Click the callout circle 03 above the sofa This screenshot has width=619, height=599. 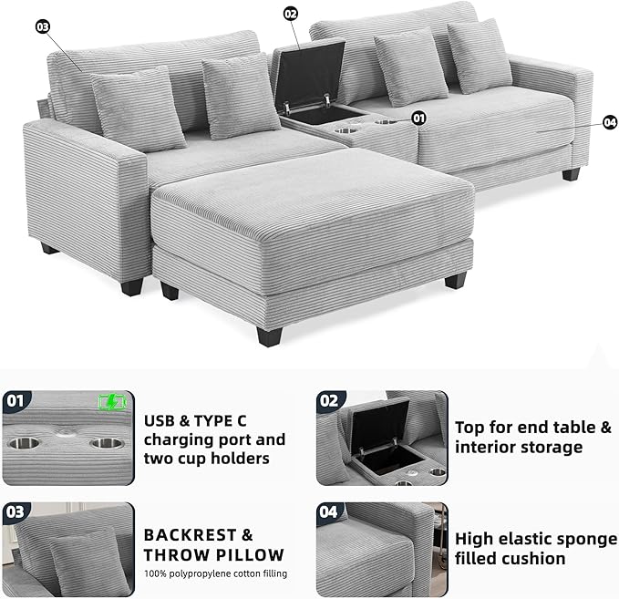click(43, 26)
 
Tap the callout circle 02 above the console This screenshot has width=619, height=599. click(291, 15)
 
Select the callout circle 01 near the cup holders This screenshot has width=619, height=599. click(418, 118)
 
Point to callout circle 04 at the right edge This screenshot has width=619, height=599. click(610, 122)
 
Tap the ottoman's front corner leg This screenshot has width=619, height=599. click(269, 337)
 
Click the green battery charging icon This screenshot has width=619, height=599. click(112, 402)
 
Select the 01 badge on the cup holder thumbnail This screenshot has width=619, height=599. click(15, 401)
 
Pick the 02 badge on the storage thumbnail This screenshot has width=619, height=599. click(329, 401)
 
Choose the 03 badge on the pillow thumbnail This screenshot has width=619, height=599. click(15, 512)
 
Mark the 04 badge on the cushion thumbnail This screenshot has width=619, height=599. click(329, 512)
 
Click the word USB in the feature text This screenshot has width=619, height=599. click(160, 421)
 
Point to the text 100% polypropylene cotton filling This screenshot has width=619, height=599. click(215, 573)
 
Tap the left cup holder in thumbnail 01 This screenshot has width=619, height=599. click(24, 443)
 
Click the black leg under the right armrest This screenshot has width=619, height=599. click(571, 174)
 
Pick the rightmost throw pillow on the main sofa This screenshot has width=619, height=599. click(479, 56)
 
